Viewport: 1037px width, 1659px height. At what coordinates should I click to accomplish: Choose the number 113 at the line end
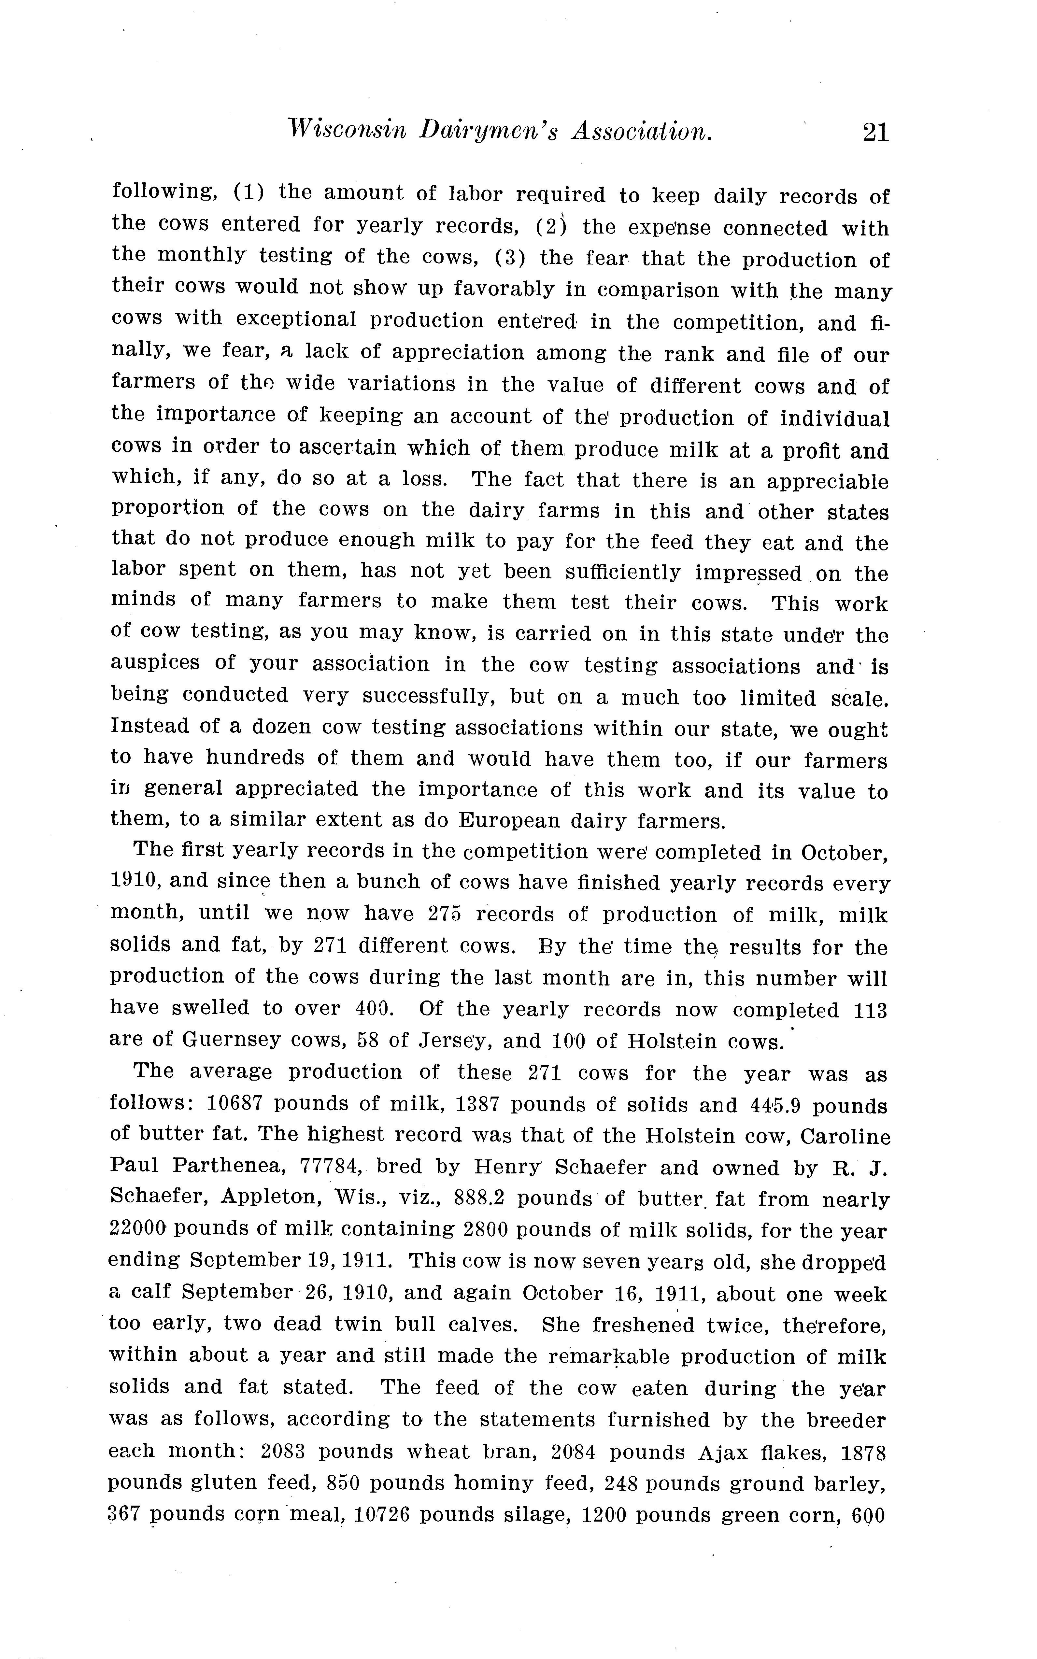click(x=870, y=1010)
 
